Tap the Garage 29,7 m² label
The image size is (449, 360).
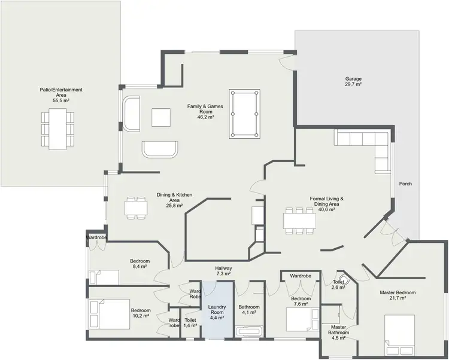pos(353,82)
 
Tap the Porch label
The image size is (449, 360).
pos(405,184)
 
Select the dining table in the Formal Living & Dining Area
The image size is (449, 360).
pos(299,221)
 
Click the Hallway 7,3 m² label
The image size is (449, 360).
pos(223,272)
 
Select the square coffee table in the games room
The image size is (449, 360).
pos(161,117)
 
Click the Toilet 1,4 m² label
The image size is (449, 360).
pos(190,323)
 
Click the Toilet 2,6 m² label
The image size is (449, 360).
pos(339,285)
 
